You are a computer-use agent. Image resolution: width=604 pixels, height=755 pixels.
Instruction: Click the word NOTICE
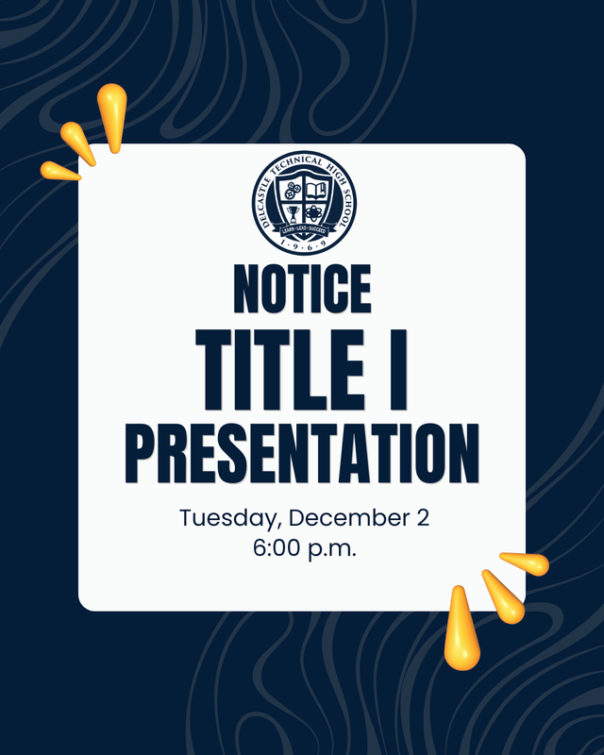302,289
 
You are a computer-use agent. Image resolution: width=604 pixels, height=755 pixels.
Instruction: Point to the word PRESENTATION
302,453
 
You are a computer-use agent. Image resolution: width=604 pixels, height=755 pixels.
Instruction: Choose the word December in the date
348,518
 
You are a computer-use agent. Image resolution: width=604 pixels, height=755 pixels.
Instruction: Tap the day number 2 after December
422,518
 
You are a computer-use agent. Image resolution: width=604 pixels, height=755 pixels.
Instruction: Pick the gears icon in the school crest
292,192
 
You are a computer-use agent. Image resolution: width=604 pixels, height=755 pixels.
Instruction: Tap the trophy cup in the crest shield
294,213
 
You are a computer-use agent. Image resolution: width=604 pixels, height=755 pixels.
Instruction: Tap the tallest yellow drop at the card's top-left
111,115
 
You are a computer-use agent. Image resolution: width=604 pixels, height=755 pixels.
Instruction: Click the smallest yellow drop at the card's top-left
60,171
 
